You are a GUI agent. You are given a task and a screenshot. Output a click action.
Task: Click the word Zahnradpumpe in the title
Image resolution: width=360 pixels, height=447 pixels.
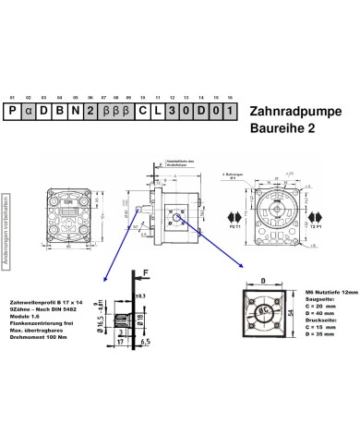point(296,110)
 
